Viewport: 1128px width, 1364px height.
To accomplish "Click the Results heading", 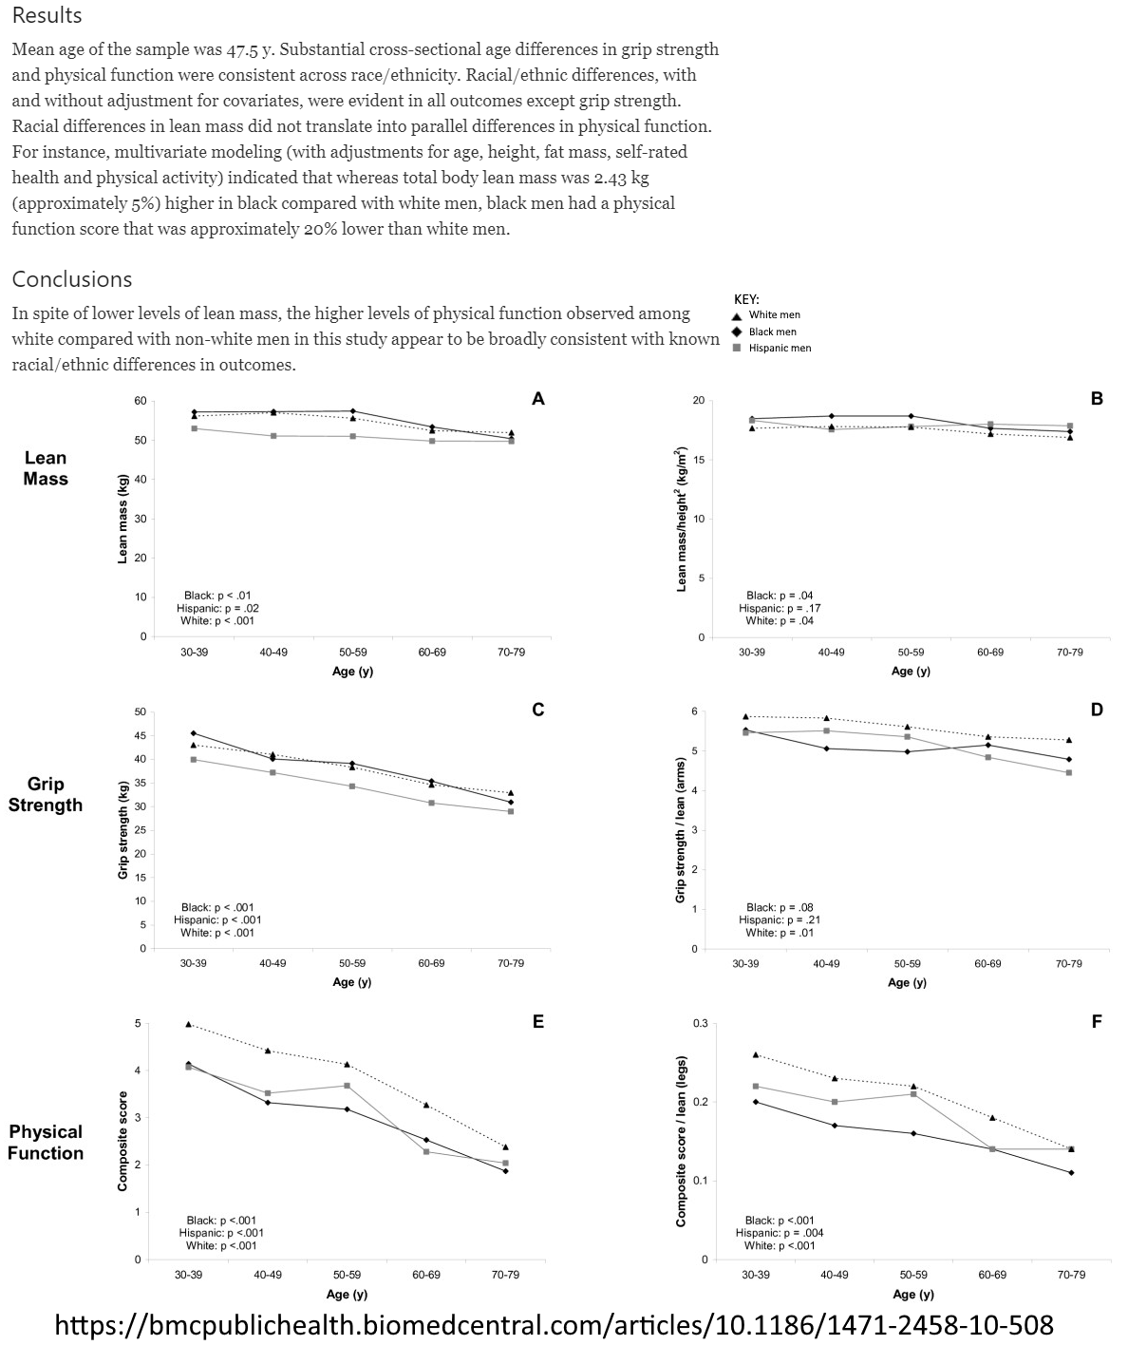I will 47,16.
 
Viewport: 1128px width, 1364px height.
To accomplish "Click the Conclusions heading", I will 72,279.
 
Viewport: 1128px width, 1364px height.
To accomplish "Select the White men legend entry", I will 774,315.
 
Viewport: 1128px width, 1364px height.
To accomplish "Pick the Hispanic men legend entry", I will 780,349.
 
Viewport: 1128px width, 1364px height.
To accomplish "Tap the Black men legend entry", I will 773,332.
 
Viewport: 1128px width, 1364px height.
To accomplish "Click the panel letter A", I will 538,399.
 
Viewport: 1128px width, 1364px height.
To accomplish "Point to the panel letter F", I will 1097,1022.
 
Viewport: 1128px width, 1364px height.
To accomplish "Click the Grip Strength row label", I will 46,795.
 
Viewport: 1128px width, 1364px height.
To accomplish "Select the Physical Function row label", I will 47,1143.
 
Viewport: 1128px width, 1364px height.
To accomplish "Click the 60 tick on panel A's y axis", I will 141,401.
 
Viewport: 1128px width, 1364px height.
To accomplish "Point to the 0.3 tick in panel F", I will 701,1023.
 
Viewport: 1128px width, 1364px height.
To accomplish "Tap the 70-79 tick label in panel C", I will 511,963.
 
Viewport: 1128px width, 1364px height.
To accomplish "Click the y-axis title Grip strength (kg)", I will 123,829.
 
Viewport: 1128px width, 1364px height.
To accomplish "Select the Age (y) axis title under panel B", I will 911,671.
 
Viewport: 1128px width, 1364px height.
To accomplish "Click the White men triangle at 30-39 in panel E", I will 189,1024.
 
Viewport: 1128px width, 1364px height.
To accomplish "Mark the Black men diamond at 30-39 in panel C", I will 194,733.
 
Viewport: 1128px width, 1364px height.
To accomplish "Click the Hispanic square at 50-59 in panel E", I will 348,1086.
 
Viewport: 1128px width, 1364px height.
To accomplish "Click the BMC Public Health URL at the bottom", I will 555,1325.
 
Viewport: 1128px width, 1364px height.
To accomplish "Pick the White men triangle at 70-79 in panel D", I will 1069,740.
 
